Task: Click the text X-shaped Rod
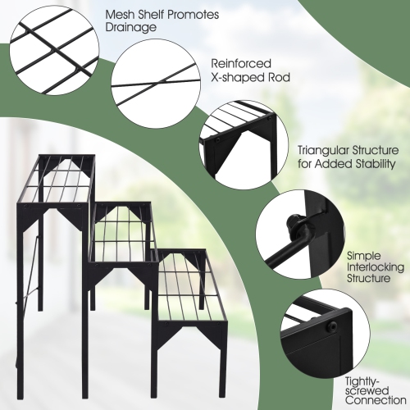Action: (x=251, y=78)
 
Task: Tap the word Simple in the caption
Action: (x=363, y=255)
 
